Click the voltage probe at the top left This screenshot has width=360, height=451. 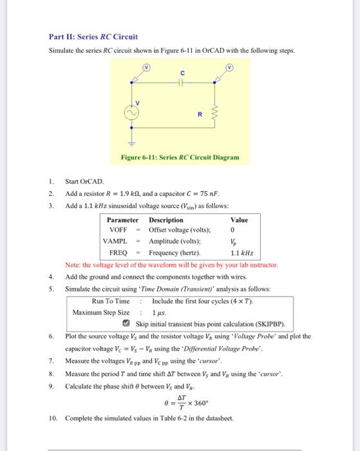[x=146, y=67]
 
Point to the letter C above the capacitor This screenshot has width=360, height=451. [x=182, y=73]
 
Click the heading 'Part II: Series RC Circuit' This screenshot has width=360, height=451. [x=93, y=37]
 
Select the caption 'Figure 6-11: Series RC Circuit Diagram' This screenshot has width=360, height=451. [x=180, y=157]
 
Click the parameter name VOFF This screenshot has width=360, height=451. [x=118, y=229]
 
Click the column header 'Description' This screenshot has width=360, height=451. [x=166, y=219]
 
